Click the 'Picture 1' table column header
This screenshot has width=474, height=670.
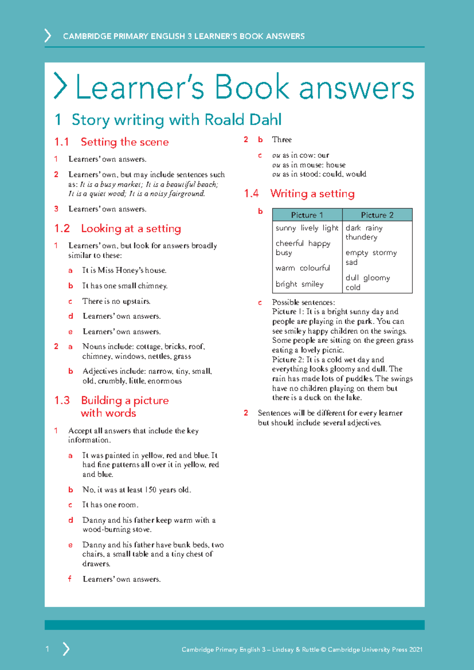point(307,215)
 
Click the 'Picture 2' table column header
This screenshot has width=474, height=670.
point(377,215)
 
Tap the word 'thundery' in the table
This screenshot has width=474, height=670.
point(361,237)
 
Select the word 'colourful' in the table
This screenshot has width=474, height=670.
point(314,268)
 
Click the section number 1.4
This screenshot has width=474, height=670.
point(251,194)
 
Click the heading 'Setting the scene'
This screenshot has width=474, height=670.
point(124,142)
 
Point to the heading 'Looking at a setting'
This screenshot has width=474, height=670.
point(131,228)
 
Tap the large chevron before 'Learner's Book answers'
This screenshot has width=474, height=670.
point(60,86)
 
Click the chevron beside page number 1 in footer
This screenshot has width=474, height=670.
point(66,649)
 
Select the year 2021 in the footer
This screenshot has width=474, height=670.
point(416,649)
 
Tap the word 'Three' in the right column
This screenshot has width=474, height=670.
point(282,139)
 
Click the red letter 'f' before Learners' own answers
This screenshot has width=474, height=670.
point(70,579)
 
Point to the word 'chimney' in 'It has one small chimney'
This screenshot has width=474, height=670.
point(152,286)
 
